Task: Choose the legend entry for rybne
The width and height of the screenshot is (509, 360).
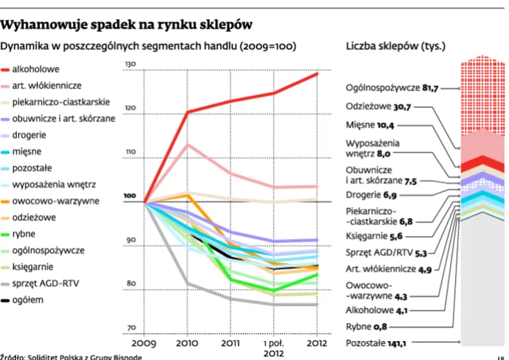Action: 26,235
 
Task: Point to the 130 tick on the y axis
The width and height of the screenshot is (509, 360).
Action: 131,66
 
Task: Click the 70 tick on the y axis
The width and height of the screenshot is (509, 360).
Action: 131,328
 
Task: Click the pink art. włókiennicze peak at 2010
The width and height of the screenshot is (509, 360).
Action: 188,144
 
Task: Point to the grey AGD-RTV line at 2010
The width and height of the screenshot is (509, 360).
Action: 188,283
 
